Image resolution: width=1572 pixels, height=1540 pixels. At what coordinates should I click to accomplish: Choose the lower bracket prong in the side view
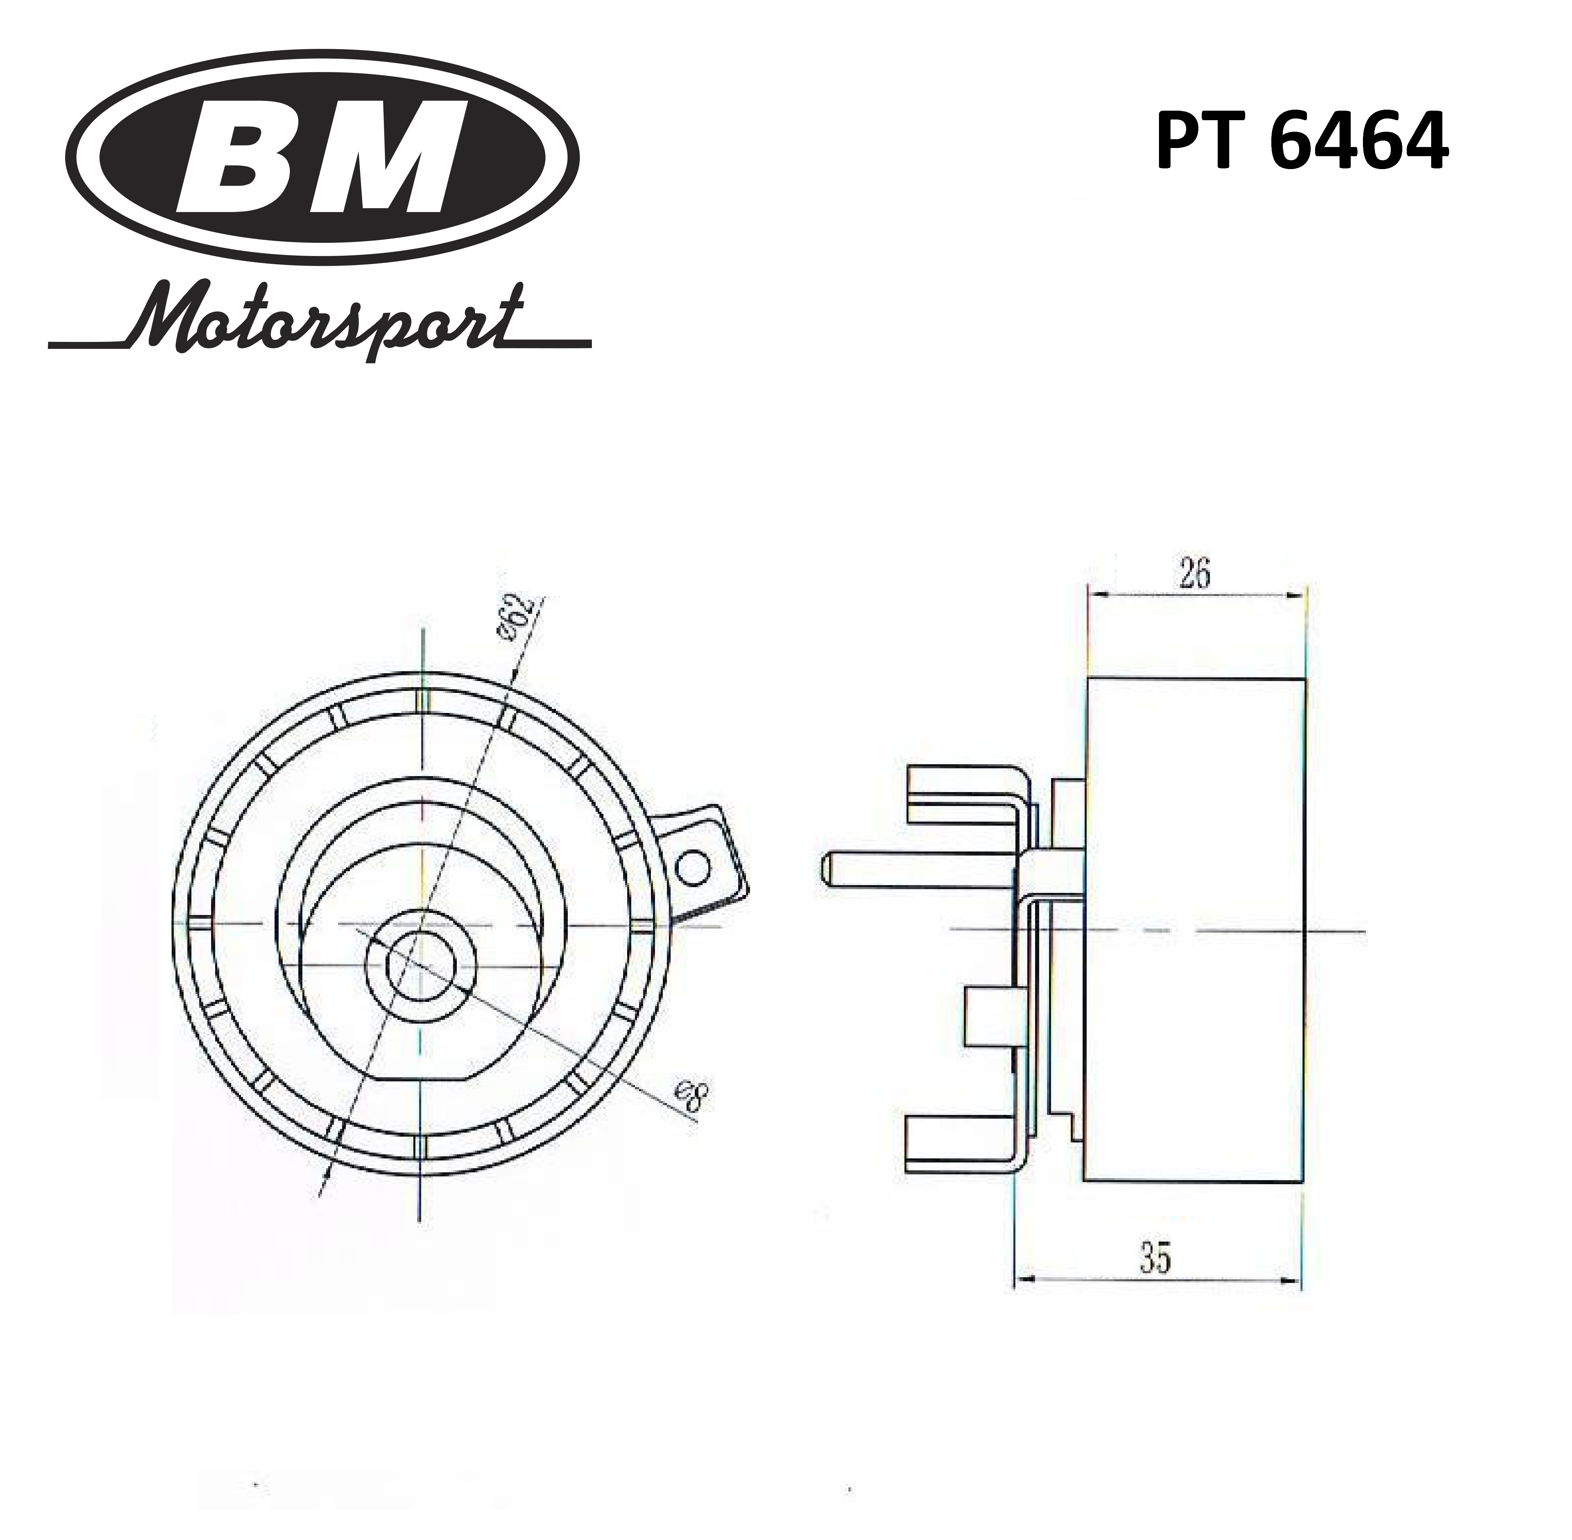tap(962, 1141)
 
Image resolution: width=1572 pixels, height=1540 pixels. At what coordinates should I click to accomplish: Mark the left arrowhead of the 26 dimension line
tap(1100, 594)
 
